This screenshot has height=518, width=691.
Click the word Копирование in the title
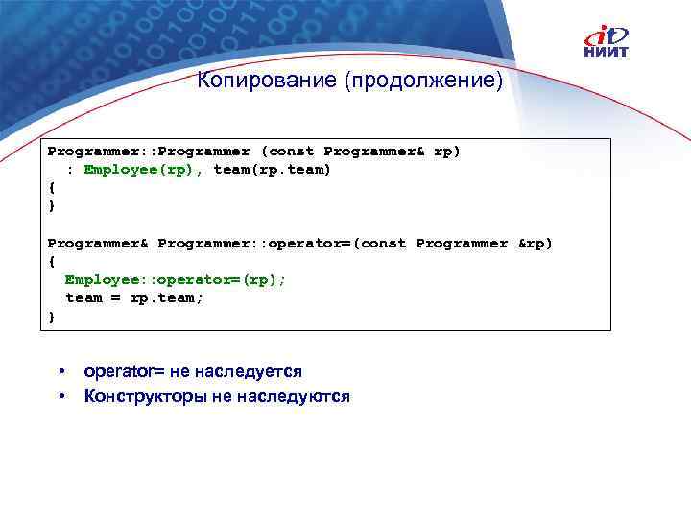tap(266, 80)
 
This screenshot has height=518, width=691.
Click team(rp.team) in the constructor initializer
tap(272, 170)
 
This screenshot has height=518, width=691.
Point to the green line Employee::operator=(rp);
tap(176, 279)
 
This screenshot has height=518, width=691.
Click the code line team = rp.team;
tap(134, 297)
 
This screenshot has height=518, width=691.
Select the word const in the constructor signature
tap(291, 152)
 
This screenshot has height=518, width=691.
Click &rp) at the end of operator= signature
tap(536, 244)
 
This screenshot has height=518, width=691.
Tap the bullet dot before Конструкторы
tap(60, 395)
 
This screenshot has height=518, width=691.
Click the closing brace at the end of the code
tap(52, 316)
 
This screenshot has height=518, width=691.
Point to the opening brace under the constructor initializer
tap(52, 188)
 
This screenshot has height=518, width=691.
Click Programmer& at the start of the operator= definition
tap(98, 244)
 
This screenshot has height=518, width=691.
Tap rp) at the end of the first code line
tap(447, 152)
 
